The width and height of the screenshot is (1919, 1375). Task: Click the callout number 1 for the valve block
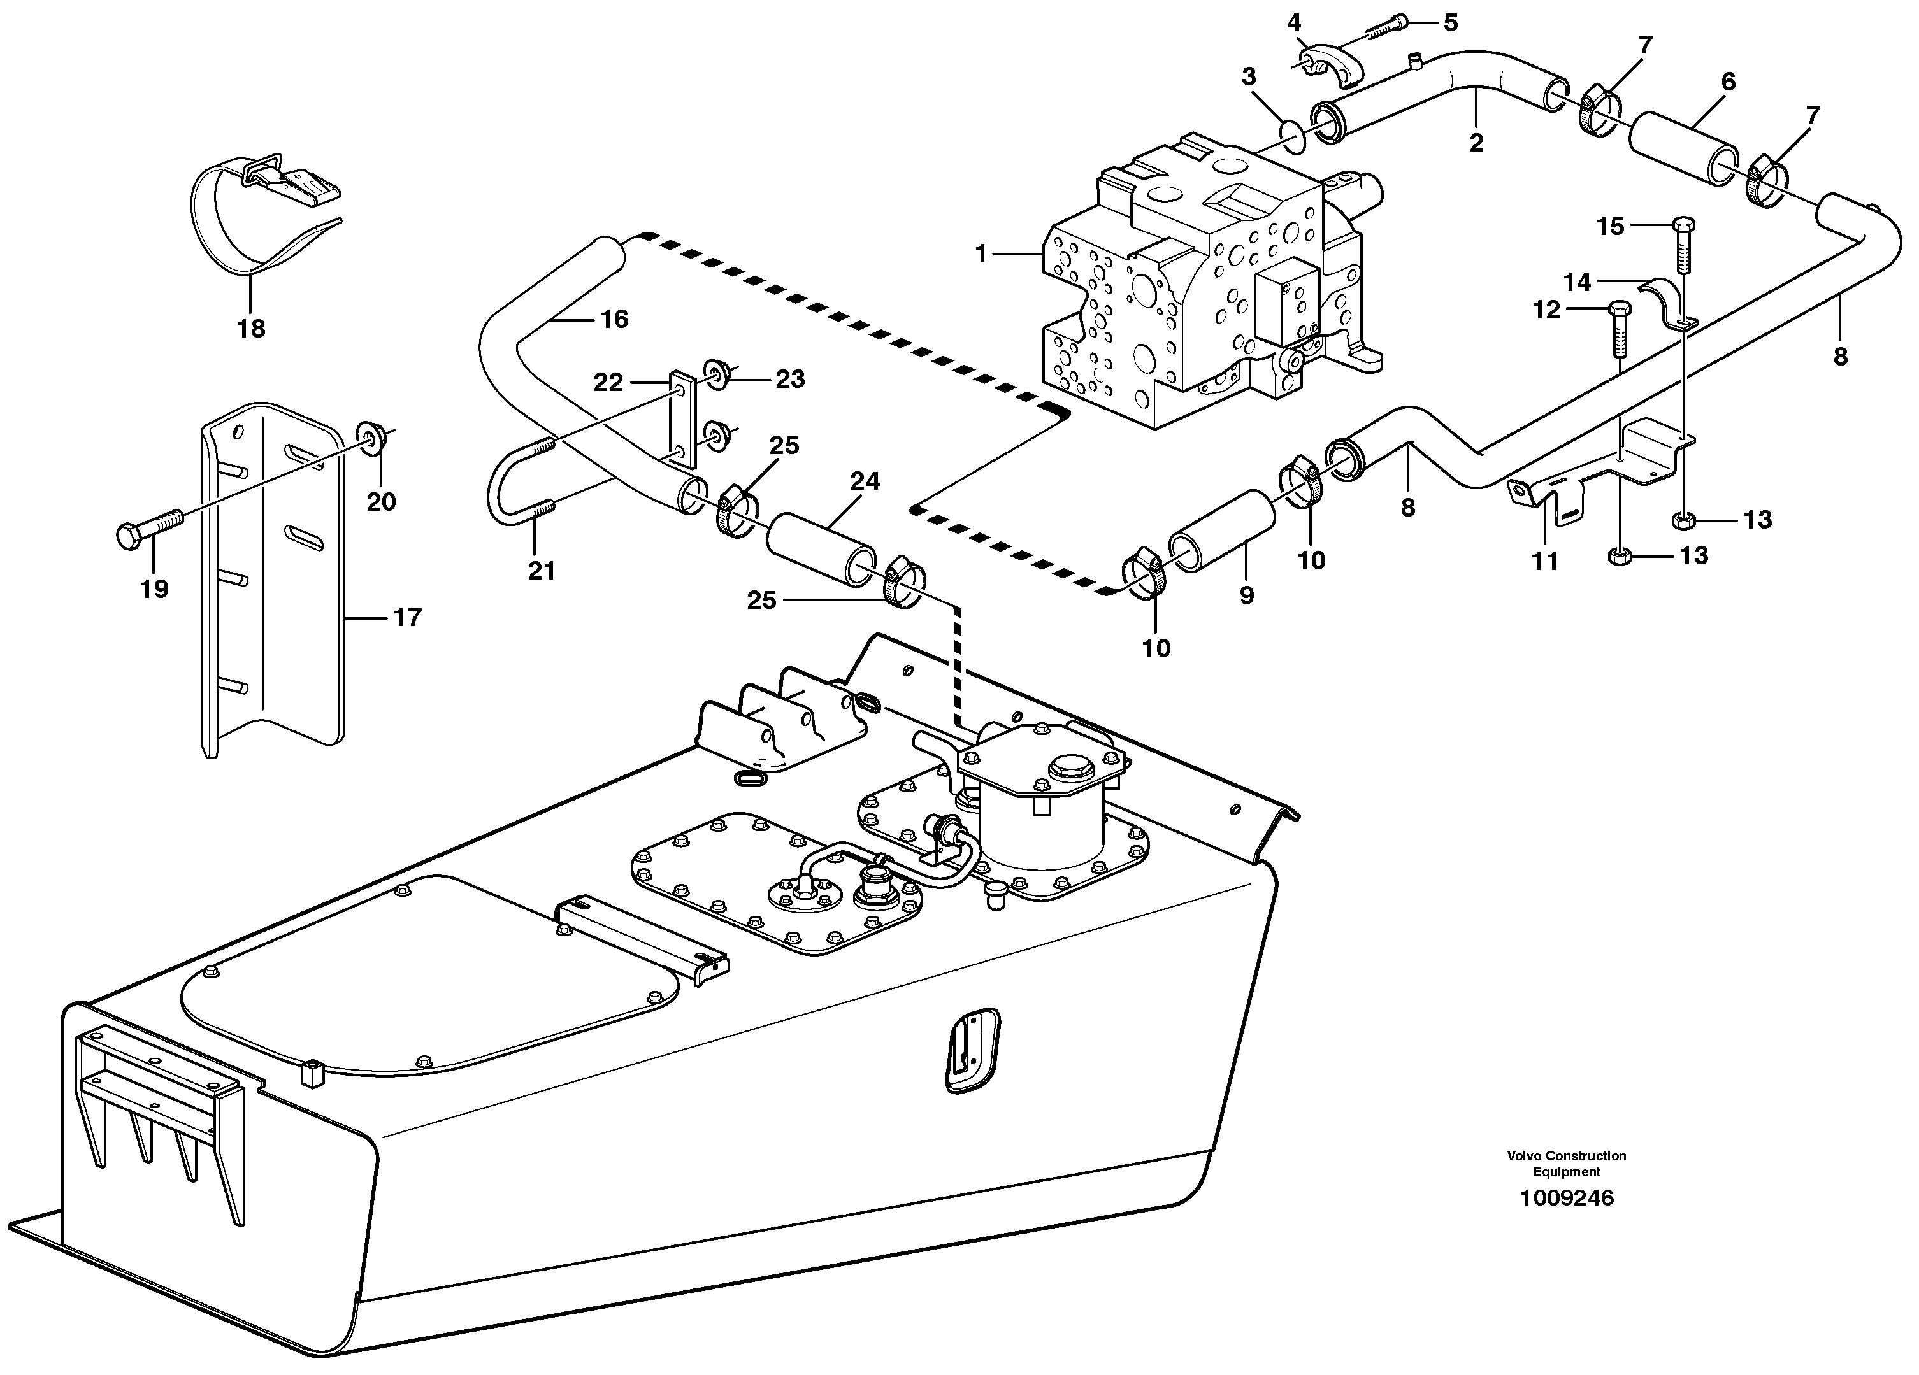982,253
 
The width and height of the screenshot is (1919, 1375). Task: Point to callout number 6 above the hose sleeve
1728,82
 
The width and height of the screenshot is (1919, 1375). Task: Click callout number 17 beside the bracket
407,618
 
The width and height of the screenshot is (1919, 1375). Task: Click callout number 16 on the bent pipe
614,319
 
